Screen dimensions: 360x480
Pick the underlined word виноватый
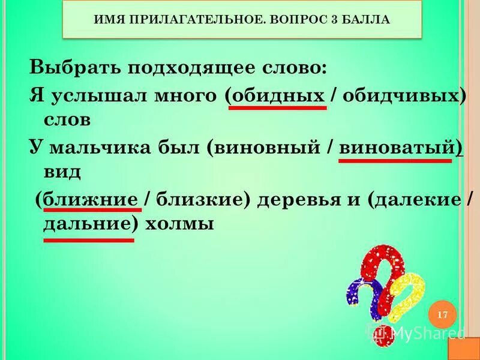coord(397,147)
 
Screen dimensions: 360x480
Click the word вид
coord(62,172)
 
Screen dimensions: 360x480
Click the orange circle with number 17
coord(443,315)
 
